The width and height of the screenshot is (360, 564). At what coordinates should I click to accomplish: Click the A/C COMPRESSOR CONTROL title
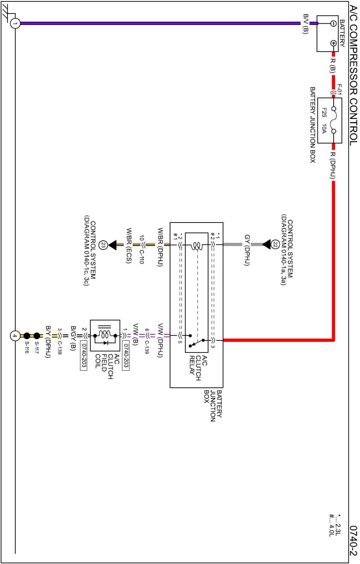pos(353,75)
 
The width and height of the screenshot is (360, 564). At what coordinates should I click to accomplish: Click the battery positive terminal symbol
pos(333,43)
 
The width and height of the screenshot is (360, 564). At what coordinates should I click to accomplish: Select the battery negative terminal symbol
pos(333,23)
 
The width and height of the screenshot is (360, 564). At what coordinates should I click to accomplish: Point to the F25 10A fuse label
pos(324,120)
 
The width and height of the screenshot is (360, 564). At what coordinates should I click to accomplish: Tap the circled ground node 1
pos(15,23)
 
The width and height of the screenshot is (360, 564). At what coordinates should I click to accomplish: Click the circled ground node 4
pos(15,335)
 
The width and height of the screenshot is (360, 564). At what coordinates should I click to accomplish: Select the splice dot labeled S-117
pos(36,335)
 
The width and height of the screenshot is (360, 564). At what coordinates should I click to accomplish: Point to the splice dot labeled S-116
pos(27,335)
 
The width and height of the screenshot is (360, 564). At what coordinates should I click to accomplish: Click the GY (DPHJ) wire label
pos(247,250)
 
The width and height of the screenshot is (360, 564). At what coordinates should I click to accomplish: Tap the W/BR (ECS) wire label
pos(129,245)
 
